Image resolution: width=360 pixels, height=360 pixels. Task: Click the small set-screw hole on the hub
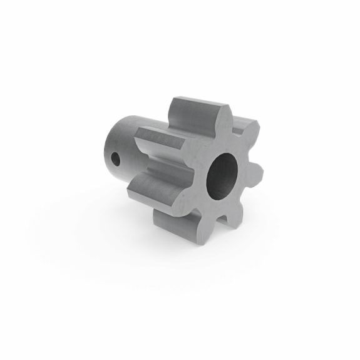[x=116, y=159]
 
